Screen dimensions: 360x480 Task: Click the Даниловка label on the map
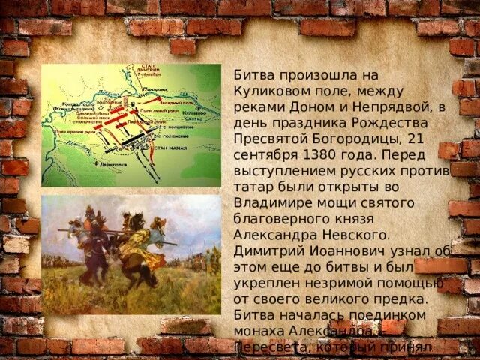(112, 163)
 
